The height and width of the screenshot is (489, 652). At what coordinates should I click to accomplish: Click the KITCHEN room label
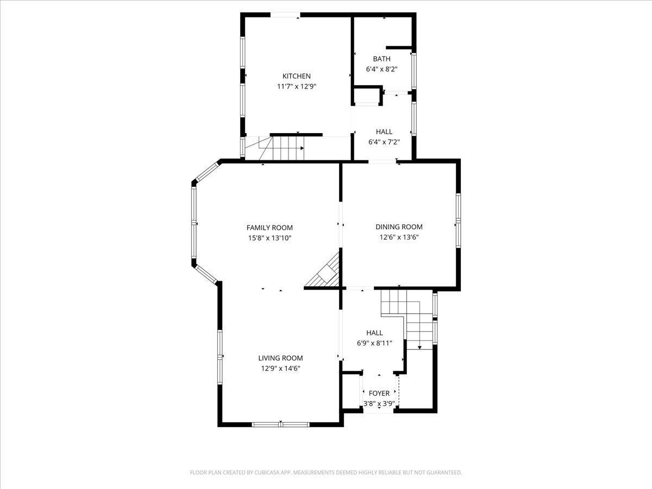click(x=297, y=76)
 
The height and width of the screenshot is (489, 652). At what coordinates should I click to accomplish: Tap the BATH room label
click(x=382, y=59)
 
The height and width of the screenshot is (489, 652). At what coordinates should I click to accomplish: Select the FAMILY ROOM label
click(x=269, y=228)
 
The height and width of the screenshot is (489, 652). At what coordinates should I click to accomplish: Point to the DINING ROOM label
click(x=399, y=227)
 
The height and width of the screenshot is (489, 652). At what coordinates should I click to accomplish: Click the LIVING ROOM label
click(x=280, y=358)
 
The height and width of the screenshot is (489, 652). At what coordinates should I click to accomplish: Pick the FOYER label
click(x=379, y=393)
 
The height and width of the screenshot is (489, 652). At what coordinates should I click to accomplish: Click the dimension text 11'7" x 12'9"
click(x=297, y=86)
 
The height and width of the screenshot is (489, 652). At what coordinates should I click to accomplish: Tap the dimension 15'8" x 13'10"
click(x=269, y=238)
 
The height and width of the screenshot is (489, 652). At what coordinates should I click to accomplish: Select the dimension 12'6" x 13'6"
click(x=399, y=237)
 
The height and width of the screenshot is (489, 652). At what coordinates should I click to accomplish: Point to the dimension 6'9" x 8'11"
click(x=374, y=343)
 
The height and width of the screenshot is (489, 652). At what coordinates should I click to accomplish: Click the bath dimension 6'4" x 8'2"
click(x=382, y=69)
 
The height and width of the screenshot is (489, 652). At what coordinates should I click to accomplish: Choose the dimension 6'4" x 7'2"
click(x=384, y=142)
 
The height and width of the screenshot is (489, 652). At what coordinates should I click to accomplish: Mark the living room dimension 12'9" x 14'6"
click(x=281, y=368)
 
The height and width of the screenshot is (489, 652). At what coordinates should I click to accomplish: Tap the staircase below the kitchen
click(x=273, y=148)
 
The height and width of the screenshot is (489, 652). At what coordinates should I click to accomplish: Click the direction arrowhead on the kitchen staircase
click(x=302, y=148)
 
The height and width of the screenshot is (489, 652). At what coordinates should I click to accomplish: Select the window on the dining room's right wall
click(x=458, y=220)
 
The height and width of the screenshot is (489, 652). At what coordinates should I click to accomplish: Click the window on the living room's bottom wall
click(x=281, y=424)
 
